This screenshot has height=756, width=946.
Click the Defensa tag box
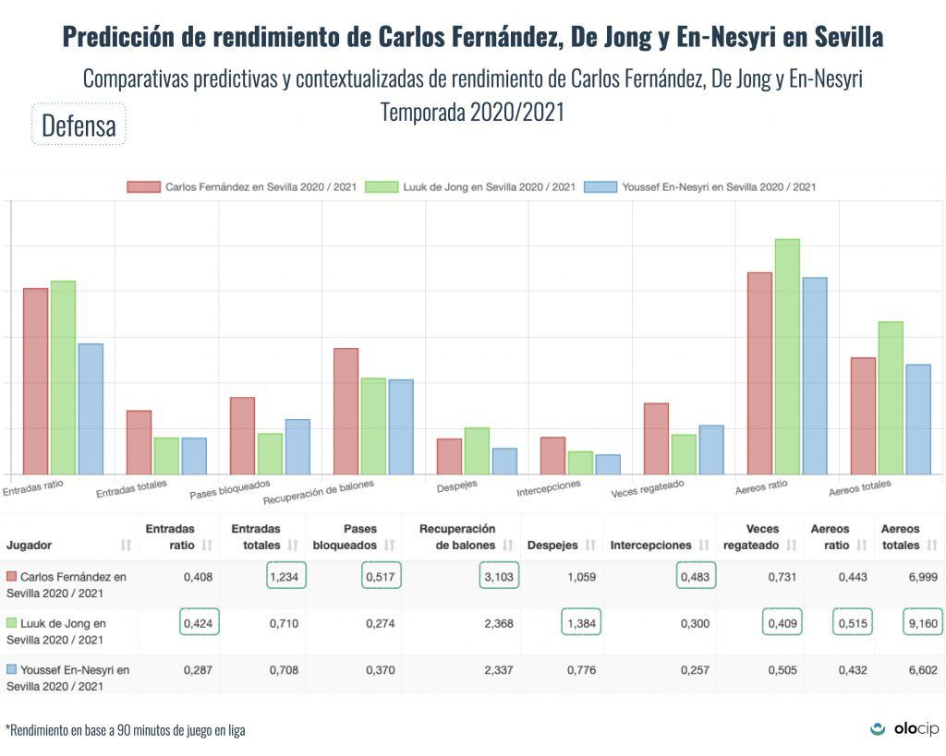pos(79,125)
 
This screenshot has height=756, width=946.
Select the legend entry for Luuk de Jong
pos(470,186)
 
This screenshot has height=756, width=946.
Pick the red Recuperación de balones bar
pos(346,411)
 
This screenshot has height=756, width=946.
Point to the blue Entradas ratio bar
pos(91,409)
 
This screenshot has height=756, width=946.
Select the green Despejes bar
pos(477,450)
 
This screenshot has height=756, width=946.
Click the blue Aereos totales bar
pos(918,419)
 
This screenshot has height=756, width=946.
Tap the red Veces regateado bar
pos(656,438)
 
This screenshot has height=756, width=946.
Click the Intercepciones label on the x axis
pos(549,486)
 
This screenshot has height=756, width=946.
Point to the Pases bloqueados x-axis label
pos(230,488)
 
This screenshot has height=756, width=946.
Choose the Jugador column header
pos(30,546)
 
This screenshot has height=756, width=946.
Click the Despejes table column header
pos(546,546)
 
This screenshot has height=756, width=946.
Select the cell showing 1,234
pos(286,577)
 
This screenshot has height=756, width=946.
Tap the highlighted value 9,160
pos(920,624)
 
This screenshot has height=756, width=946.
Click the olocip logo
pos(904,729)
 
